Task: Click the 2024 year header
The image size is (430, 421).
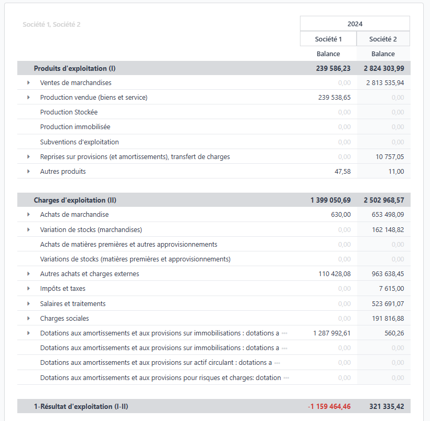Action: (354, 24)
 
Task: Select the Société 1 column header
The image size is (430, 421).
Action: (328, 39)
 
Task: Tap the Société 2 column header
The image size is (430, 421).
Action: (383, 39)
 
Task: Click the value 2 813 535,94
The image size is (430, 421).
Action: (385, 82)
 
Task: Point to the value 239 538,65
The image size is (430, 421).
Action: (335, 97)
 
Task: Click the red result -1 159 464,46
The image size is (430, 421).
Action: (329, 406)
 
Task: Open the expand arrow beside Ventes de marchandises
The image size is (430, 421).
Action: (28, 82)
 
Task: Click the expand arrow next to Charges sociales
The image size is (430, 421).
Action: (28, 318)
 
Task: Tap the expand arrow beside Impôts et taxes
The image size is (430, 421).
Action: (28, 288)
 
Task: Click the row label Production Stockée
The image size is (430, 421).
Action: (69, 112)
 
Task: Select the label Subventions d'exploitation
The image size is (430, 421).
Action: (79, 142)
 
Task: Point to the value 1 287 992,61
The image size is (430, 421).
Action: (332, 333)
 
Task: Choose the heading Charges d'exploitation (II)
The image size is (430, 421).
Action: (75, 200)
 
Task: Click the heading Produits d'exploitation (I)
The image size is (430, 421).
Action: (74, 68)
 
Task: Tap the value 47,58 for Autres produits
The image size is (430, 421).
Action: (342, 171)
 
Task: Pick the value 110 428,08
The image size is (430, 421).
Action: (335, 273)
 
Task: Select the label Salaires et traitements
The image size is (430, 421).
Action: (73, 303)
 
